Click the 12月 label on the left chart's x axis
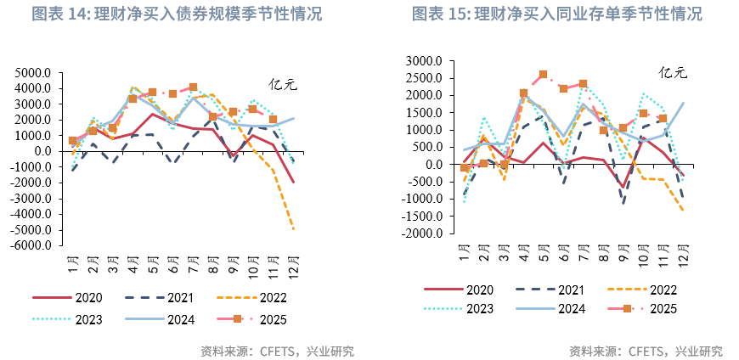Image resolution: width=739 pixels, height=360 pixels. pyautogui.click(x=294, y=264)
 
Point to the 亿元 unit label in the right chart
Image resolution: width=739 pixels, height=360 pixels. pyautogui.click(x=673, y=73)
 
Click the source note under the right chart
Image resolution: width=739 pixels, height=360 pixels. pyautogui.click(x=646, y=351)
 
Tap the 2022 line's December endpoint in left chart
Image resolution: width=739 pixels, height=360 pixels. pyautogui.click(x=294, y=229)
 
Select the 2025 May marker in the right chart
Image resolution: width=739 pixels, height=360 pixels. pyautogui.click(x=544, y=75)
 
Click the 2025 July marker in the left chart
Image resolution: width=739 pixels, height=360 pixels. pyautogui.click(x=194, y=87)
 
